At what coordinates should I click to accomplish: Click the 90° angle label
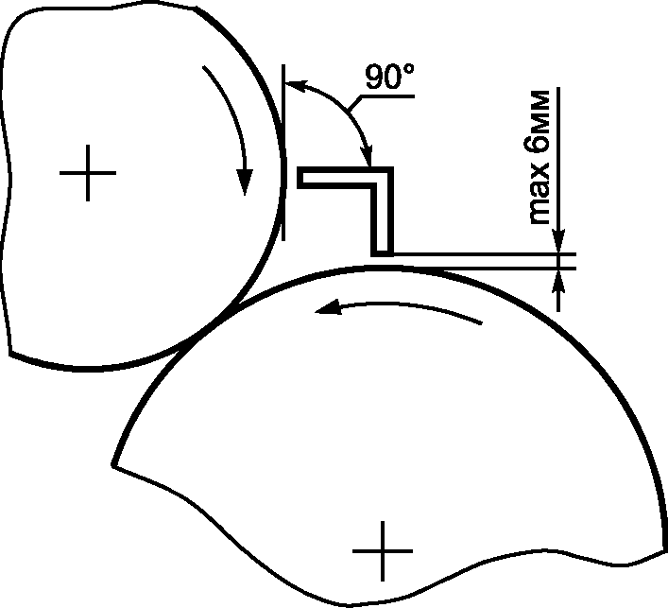[x=389, y=77]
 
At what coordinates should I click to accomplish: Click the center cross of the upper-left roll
[x=88, y=173]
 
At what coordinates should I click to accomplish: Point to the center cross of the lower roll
[x=383, y=551]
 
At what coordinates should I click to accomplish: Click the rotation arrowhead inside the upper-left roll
[x=245, y=182]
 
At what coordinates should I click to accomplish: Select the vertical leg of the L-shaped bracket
[x=382, y=212]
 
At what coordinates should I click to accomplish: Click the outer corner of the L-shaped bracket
[x=393, y=167]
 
